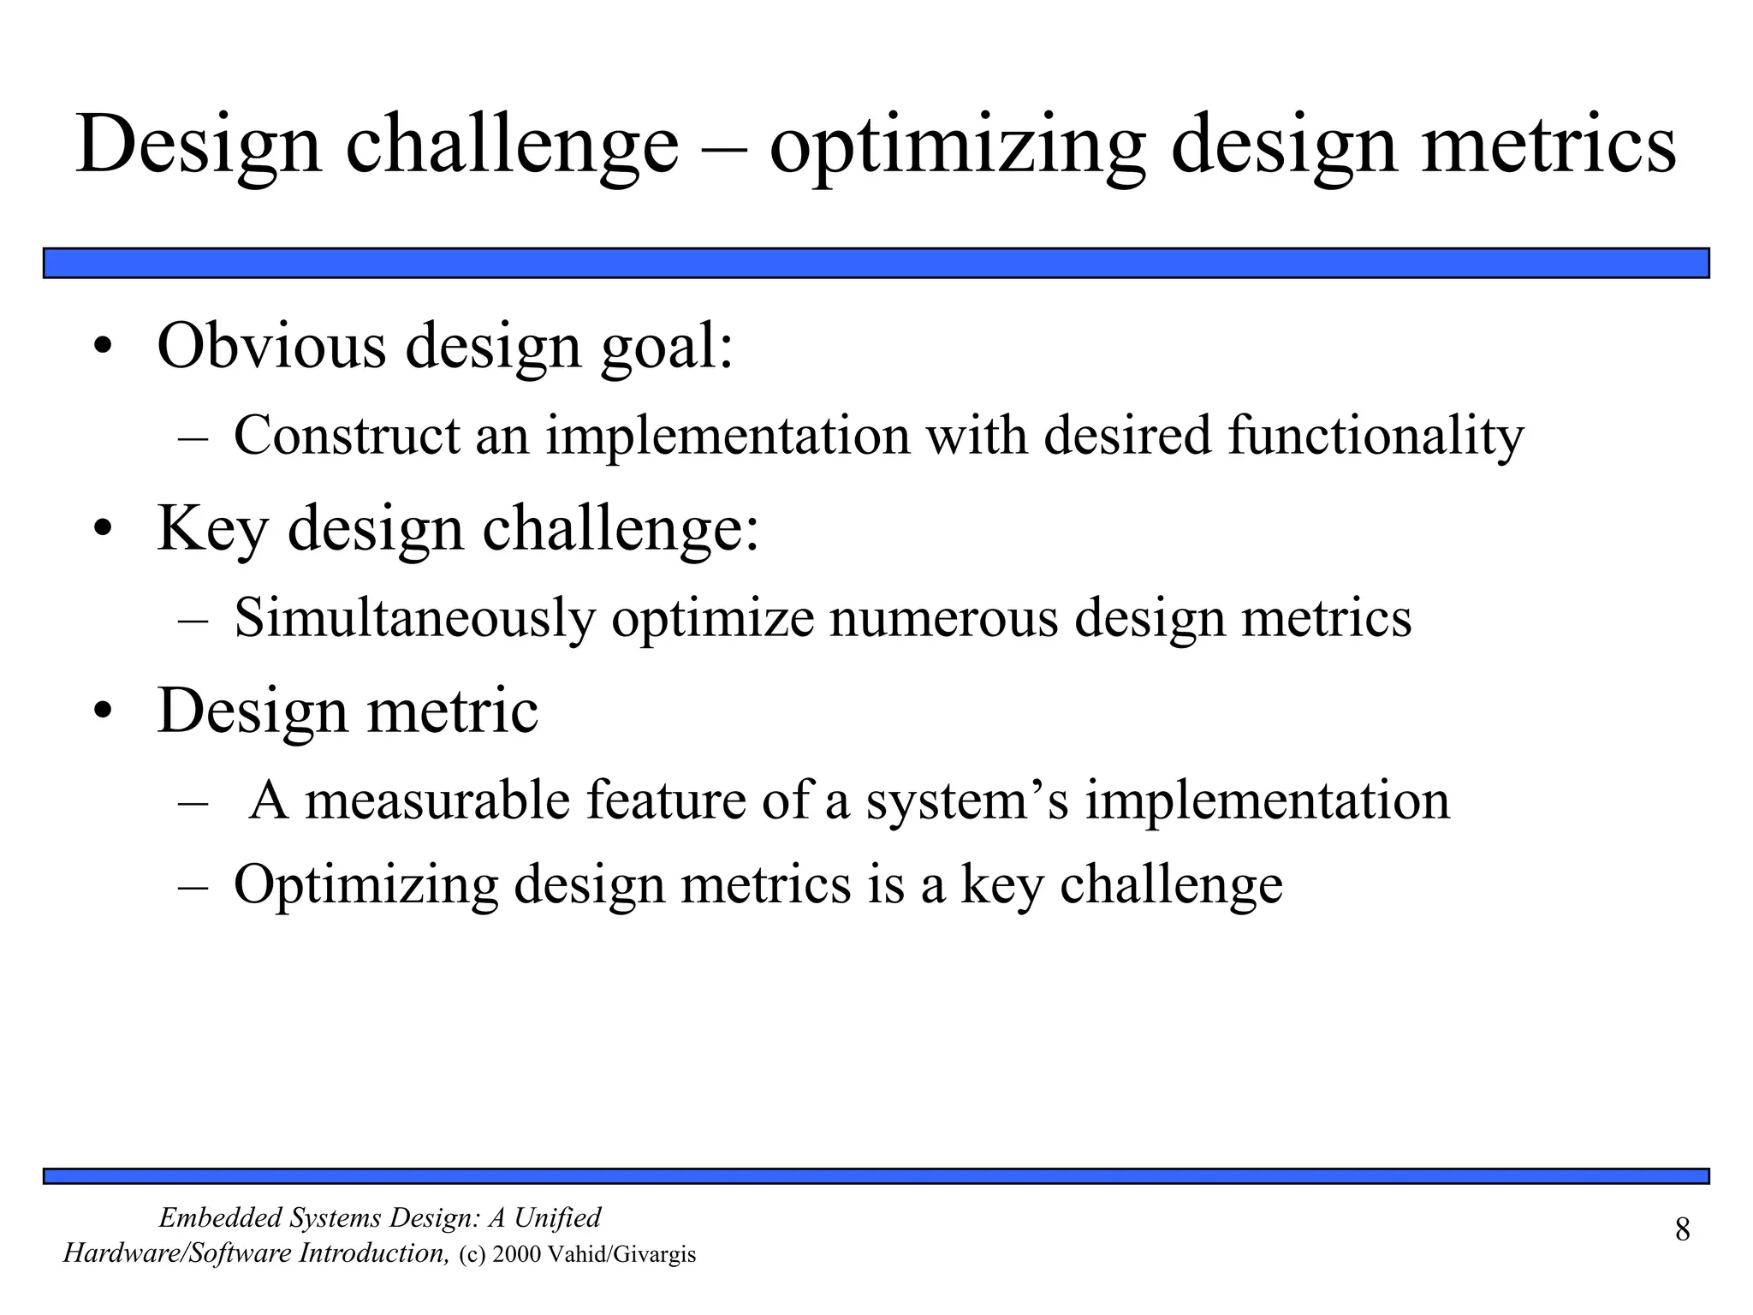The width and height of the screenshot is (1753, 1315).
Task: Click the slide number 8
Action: [x=1682, y=1230]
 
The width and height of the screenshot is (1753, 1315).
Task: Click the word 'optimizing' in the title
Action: [x=957, y=146]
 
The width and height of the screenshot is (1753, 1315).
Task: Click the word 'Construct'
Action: [x=347, y=435]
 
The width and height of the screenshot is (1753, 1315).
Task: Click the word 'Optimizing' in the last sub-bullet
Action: [x=365, y=885]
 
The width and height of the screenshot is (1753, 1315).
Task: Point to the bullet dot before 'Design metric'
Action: [x=103, y=712]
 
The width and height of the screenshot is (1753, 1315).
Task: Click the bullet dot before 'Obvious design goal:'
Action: [x=103, y=348]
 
